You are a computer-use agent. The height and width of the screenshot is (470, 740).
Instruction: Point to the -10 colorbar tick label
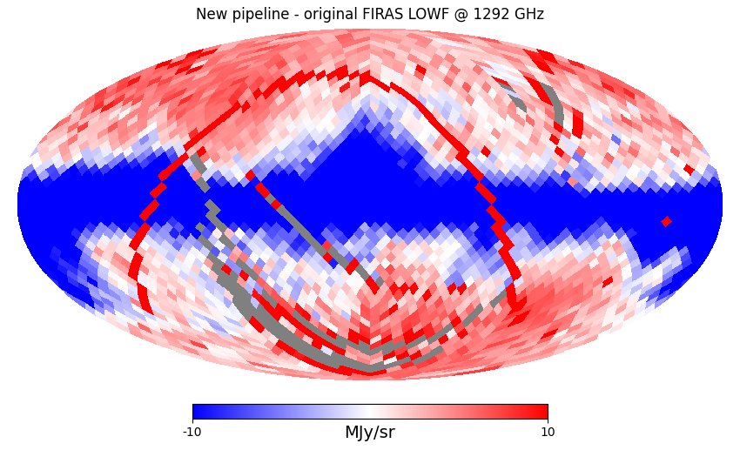(x=192, y=433)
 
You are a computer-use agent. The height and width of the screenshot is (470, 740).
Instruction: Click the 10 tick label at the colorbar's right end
(x=548, y=433)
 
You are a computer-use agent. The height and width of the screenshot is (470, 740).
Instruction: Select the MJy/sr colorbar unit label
(x=370, y=433)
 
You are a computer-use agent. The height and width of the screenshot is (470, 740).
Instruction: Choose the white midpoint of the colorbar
(x=370, y=412)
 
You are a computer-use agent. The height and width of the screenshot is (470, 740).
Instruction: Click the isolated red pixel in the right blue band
(x=666, y=222)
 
